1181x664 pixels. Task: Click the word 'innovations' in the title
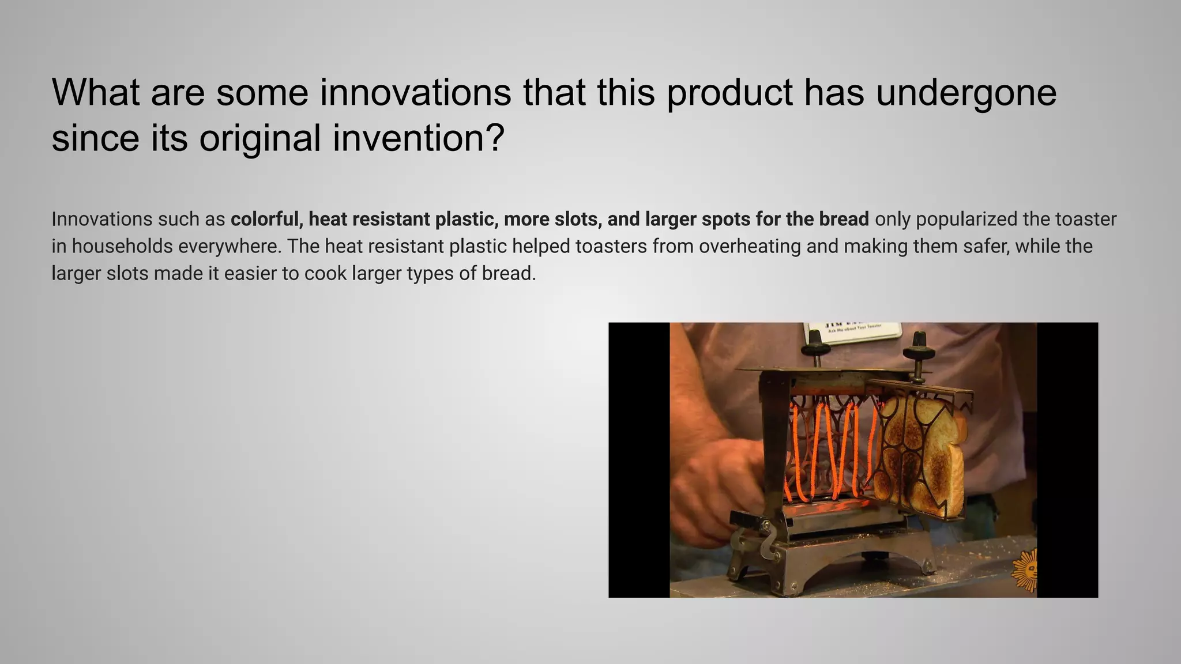click(415, 92)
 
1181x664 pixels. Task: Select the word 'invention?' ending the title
click(419, 138)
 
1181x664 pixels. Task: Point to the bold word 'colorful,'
click(266, 219)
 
